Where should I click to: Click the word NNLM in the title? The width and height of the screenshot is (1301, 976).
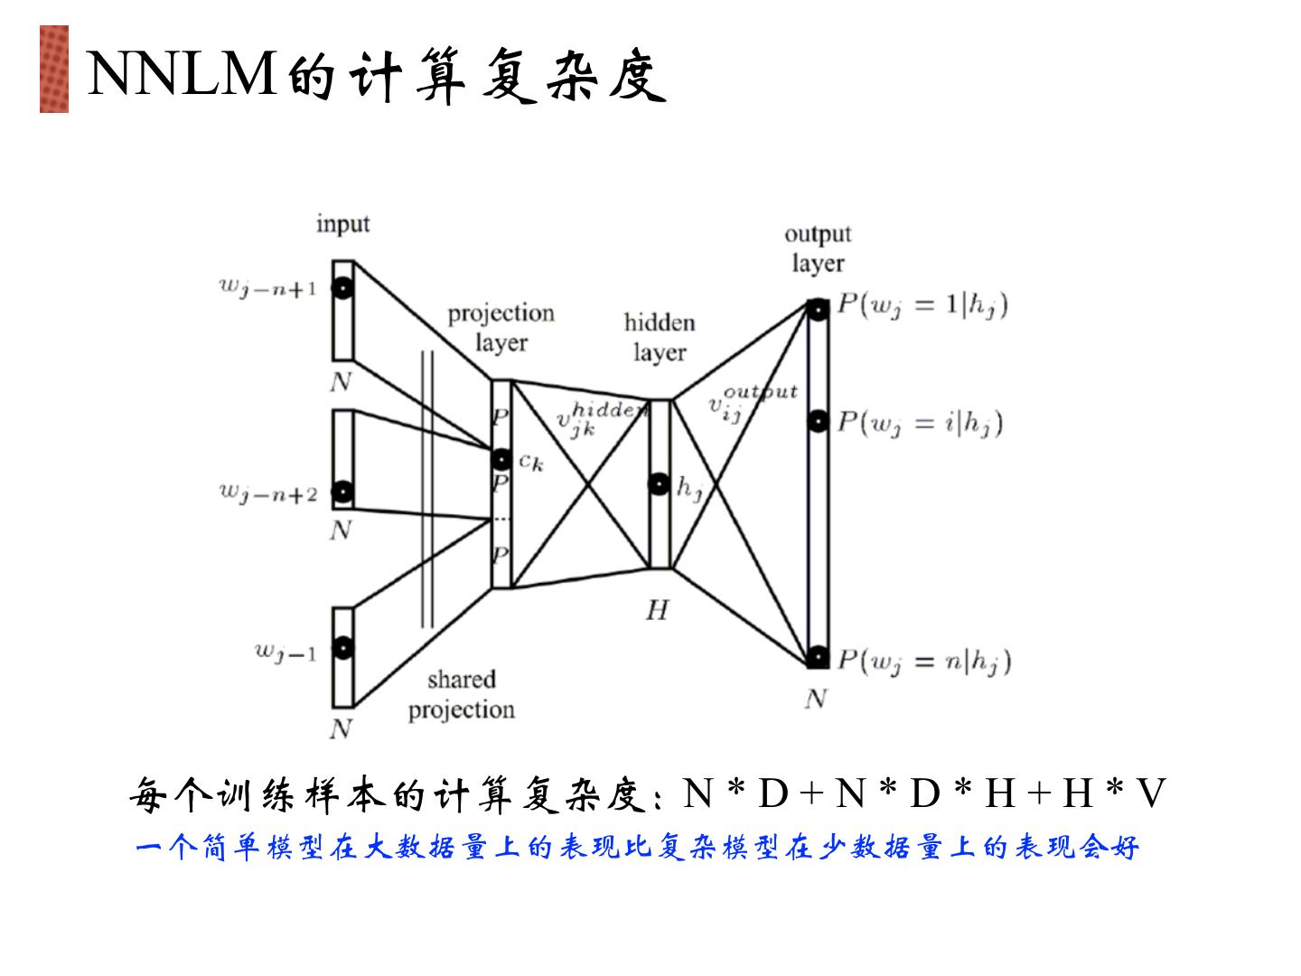(x=182, y=74)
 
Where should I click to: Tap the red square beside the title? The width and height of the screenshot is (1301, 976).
(x=54, y=69)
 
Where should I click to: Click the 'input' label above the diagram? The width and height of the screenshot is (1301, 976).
(x=343, y=223)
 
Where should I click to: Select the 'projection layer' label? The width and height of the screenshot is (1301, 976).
(x=501, y=327)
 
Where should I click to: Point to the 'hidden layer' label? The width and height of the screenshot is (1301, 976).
(x=660, y=337)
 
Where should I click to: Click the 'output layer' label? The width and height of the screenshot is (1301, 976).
(x=818, y=248)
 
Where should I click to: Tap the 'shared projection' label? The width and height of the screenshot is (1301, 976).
(x=462, y=694)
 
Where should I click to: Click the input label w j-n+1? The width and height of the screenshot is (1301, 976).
(x=267, y=288)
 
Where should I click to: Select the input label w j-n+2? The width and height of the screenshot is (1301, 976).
(x=268, y=493)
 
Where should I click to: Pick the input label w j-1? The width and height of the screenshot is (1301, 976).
(x=285, y=652)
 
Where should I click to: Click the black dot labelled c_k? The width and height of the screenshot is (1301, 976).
(x=501, y=460)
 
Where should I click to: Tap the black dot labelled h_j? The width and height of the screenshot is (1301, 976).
(x=660, y=484)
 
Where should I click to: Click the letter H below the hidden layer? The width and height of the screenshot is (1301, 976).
(x=657, y=611)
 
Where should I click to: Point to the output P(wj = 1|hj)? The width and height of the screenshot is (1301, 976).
(x=922, y=306)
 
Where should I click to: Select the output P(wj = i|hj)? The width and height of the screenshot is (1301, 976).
(x=920, y=423)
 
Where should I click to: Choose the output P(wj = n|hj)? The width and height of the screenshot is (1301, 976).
(x=923, y=662)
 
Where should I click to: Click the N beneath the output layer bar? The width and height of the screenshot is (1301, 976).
(x=816, y=699)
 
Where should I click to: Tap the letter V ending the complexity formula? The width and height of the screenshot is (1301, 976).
(x=1152, y=794)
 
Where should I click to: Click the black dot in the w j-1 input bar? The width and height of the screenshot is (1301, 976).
(x=342, y=648)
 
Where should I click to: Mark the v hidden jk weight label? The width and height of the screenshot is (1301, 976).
(x=596, y=418)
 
